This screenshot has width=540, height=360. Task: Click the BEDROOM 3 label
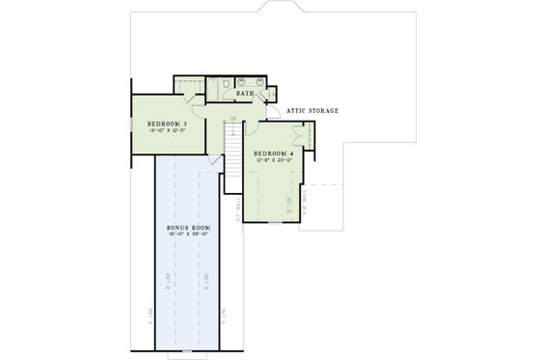click(168, 125)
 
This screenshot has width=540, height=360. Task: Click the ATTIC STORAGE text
click(312, 111)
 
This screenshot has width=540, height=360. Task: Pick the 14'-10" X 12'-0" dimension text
click(168, 132)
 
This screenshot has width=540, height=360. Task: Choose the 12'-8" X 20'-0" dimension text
click(274, 162)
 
